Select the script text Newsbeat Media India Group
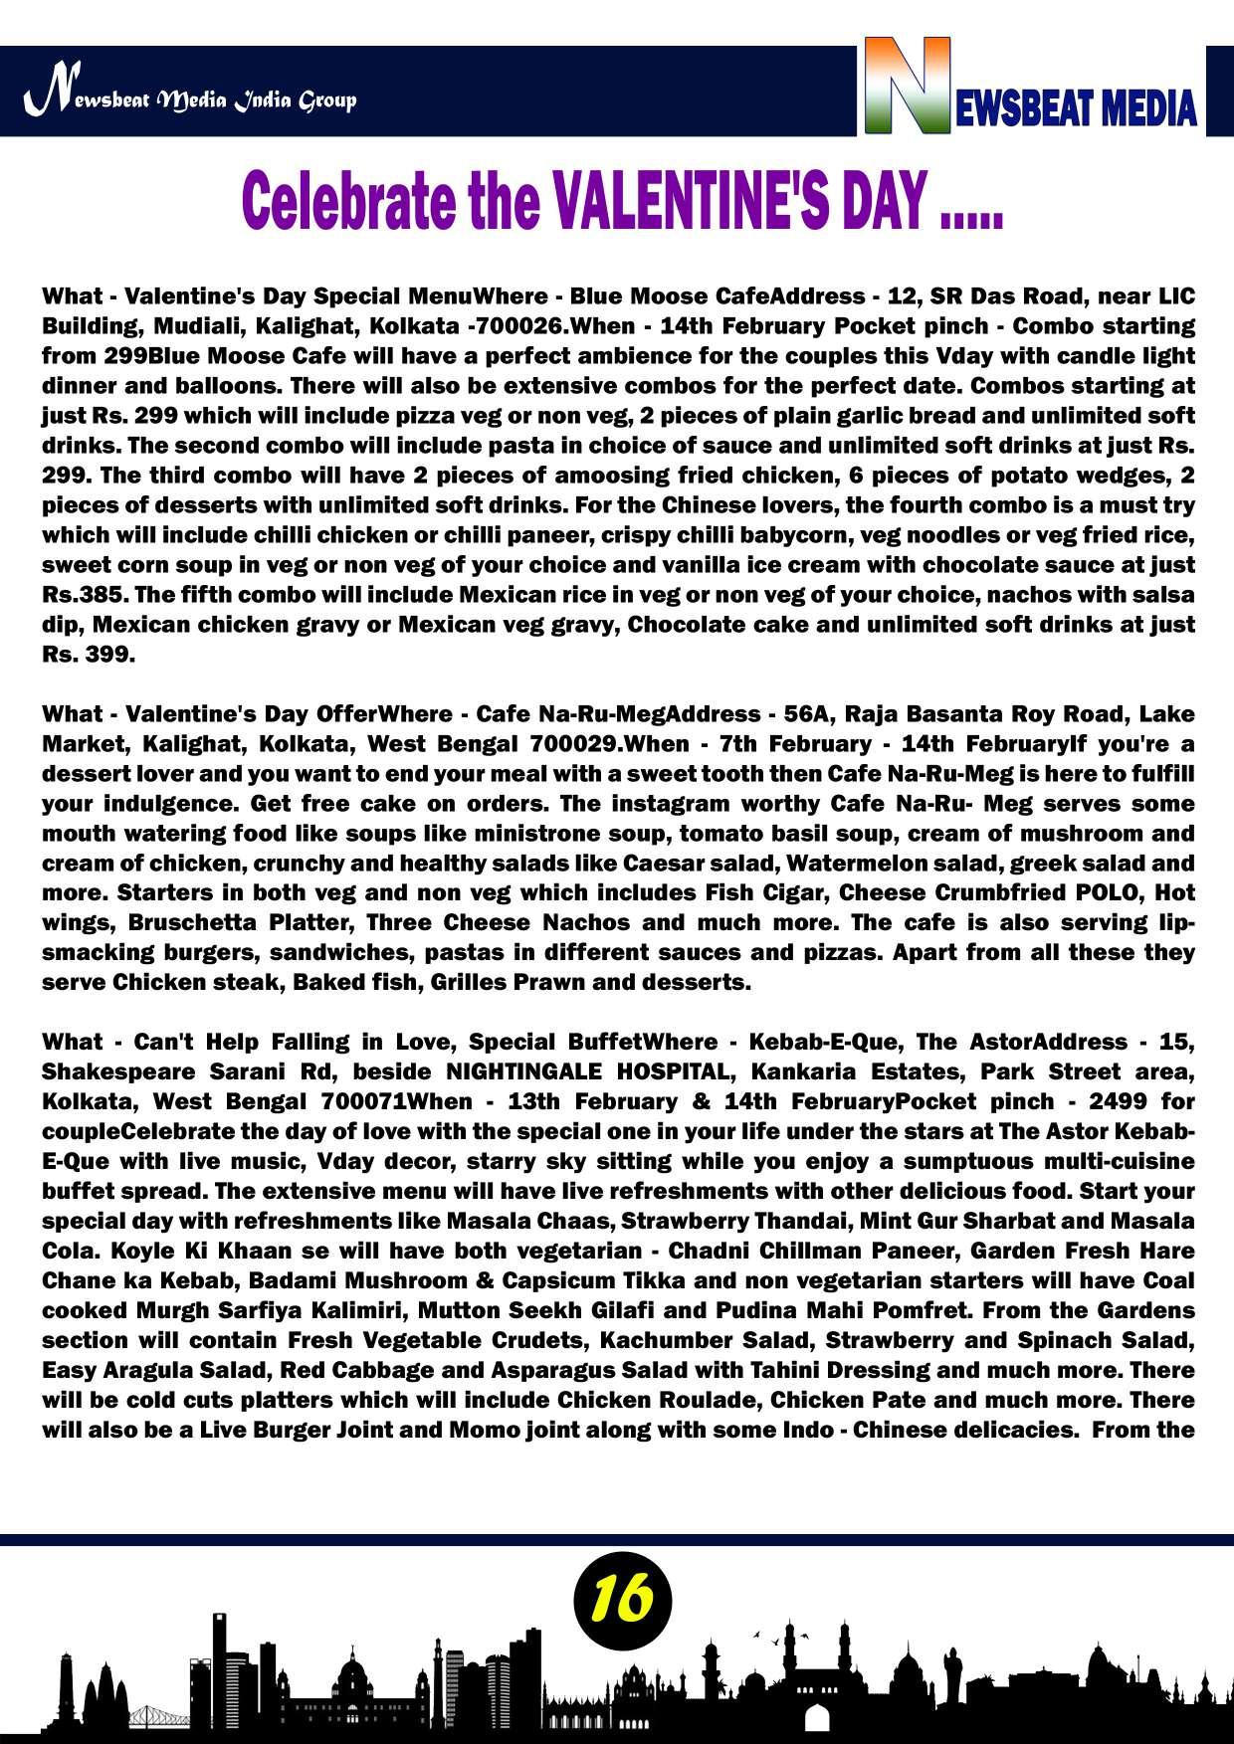pyautogui.click(x=190, y=99)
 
